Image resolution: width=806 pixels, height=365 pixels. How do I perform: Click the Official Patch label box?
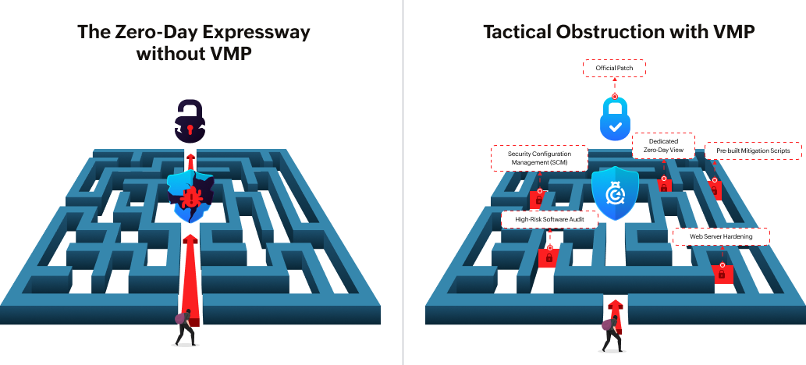pyautogui.click(x=614, y=69)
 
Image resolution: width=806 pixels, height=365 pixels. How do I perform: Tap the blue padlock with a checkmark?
pyautogui.click(x=615, y=118)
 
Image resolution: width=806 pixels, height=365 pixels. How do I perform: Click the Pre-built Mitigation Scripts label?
pyautogui.click(x=747, y=150)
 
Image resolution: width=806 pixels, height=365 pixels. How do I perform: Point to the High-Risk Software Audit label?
pyautogui.click(x=549, y=221)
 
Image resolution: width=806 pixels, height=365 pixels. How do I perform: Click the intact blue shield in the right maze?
pyautogui.click(x=615, y=192)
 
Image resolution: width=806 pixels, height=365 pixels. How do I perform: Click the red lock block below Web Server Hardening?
pyautogui.click(x=722, y=273)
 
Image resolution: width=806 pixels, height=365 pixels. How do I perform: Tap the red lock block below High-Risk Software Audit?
pyautogui.click(x=549, y=257)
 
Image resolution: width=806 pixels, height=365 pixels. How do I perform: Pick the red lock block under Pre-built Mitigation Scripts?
pyautogui.click(x=715, y=189)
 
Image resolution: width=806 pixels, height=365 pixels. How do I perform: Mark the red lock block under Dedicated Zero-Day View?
pyautogui.click(x=664, y=185)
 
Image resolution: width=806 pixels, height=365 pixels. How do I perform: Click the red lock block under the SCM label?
pyautogui.click(x=538, y=198)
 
